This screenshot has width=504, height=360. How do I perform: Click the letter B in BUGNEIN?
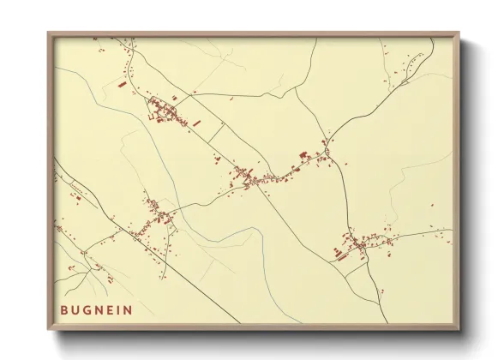(x=64, y=310)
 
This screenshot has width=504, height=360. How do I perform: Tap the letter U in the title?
(x=76, y=310)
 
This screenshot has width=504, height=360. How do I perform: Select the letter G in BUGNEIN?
(x=88, y=310)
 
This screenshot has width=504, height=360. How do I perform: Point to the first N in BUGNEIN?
(x=101, y=310)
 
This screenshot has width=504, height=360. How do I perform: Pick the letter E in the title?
(x=112, y=310)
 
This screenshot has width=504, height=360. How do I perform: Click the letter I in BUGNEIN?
(x=121, y=310)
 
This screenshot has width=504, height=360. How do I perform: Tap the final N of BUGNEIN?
(x=129, y=310)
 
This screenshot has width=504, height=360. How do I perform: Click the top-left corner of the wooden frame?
(x=49, y=34)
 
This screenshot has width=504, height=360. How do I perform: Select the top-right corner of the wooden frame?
(x=458, y=34)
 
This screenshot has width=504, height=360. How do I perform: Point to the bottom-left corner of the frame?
(x=49, y=330)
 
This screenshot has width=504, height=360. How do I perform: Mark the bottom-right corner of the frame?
(x=458, y=330)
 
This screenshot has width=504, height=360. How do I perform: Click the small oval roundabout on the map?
(x=327, y=153)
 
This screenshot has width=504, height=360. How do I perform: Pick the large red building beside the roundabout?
(x=303, y=154)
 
